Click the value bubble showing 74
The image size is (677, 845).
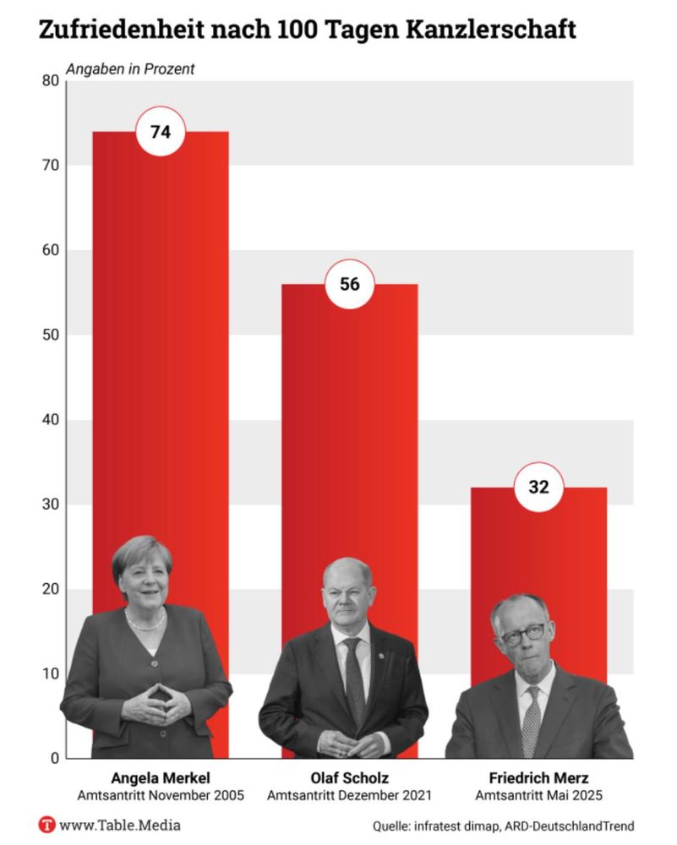click(x=161, y=133)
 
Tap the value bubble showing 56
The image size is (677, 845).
click(x=349, y=285)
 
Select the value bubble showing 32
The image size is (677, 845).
click(x=538, y=488)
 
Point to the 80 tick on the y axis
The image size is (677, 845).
click(x=50, y=81)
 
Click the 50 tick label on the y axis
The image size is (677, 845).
click(x=50, y=335)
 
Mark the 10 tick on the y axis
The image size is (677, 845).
click(x=50, y=674)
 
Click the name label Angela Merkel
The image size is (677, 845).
click(x=160, y=778)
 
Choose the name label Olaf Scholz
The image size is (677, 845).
click(x=349, y=778)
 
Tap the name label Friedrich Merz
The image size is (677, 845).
click(x=538, y=778)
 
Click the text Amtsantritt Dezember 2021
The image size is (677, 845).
click(x=349, y=796)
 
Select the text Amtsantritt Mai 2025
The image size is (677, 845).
click(x=538, y=796)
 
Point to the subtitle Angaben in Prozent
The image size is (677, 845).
click(x=130, y=69)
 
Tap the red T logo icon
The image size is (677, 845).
click(x=47, y=825)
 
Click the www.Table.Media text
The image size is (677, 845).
click(x=120, y=825)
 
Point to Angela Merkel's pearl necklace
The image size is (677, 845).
click(x=145, y=624)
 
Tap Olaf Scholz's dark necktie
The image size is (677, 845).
click(x=354, y=676)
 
